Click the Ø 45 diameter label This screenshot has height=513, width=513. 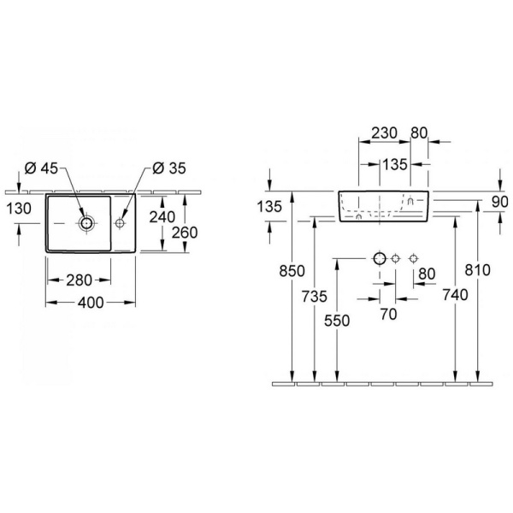[x=41, y=168]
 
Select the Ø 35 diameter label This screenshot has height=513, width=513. [x=169, y=168]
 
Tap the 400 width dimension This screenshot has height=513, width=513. [x=91, y=303]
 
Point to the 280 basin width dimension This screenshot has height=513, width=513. [x=80, y=280]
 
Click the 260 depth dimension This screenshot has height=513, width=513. [x=185, y=233]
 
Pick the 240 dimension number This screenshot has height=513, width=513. [x=162, y=217]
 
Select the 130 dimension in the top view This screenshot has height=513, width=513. [x=19, y=209]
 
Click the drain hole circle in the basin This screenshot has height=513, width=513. [x=86, y=223]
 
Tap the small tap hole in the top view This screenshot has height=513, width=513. [x=120, y=223]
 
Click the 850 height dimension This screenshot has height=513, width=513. [x=292, y=271]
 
